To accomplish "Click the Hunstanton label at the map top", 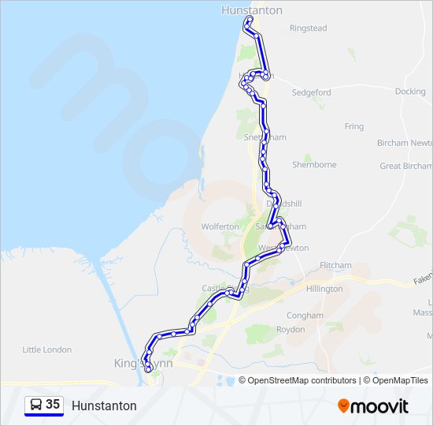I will (x=253, y=10).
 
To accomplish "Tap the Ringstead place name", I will (x=308, y=28).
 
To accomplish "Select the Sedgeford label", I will (x=312, y=92).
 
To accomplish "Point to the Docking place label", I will (x=410, y=92).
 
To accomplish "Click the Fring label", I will (x=354, y=126).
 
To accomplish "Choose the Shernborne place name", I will (x=314, y=165).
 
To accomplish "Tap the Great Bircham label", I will (x=406, y=166).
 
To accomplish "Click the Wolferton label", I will (x=220, y=226).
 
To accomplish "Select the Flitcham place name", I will (x=336, y=265).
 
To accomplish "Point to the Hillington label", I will (x=324, y=289).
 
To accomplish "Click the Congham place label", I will (x=305, y=316).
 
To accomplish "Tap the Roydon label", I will (x=291, y=330).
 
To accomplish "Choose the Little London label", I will (x=47, y=349).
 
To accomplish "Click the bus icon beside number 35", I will (x=35, y=405).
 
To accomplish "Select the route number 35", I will (x=53, y=405).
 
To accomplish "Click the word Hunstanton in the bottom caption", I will (x=104, y=405).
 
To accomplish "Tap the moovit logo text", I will (x=379, y=406).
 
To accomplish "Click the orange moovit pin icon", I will (x=343, y=406).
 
